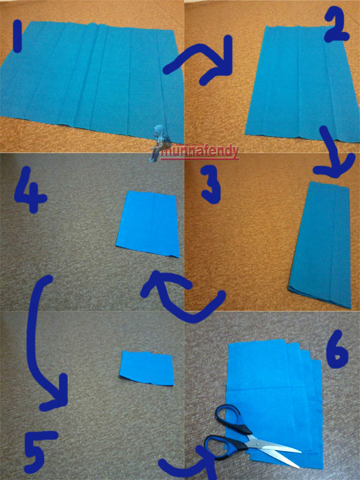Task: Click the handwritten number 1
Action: [17, 36]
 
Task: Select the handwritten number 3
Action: [211, 185]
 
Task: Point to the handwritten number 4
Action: [31, 190]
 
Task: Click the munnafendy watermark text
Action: [200, 152]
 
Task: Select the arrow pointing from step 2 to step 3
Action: [332, 150]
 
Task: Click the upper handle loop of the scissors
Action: [229, 418]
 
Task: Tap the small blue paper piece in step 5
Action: [147, 367]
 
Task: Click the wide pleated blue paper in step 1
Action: [92, 80]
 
